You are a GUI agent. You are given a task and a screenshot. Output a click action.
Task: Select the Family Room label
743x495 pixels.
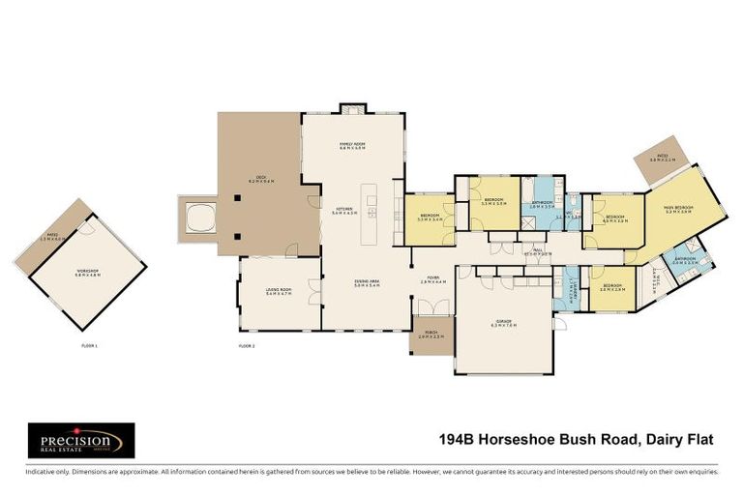351,146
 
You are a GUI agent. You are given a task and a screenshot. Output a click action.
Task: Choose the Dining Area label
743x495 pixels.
365,284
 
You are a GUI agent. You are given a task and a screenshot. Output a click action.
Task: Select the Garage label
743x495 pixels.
503,325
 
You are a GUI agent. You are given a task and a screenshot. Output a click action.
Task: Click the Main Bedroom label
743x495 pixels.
684,209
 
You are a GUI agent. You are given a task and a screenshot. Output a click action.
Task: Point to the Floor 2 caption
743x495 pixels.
247,345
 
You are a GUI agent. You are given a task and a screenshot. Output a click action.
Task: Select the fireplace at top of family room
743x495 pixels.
351,108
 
